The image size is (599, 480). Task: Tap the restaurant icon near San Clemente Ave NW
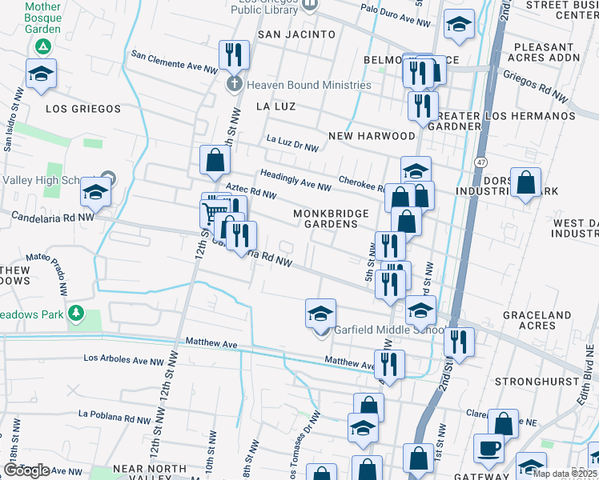[234, 54]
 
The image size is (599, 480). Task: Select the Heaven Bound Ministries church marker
[234, 84]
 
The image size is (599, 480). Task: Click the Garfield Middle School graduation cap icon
[320, 313]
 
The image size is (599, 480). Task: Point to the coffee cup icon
[488, 448]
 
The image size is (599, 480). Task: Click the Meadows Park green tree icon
[76, 312]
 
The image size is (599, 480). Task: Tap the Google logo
[27, 470]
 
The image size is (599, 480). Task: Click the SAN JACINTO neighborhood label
[296, 34]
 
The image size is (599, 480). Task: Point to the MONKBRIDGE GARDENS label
[331, 218]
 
